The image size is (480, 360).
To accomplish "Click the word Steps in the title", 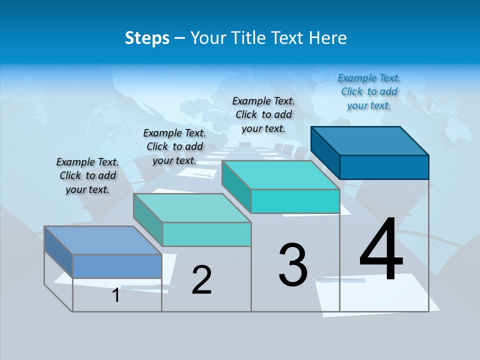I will (x=147, y=38).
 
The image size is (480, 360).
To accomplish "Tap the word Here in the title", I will (x=327, y=38).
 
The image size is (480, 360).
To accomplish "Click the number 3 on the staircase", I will (x=293, y=265).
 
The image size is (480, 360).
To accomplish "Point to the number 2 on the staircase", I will (x=202, y=280).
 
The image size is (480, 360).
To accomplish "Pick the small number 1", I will (x=116, y=295).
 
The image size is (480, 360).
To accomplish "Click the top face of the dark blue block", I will (x=370, y=141).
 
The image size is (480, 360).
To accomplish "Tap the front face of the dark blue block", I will (x=384, y=167).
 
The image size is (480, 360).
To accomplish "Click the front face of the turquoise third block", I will (x=295, y=201).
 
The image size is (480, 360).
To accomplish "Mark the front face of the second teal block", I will (x=206, y=234).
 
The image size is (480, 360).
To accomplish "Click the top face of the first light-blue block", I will (x=103, y=240).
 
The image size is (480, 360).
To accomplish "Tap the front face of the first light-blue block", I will (x=117, y=266).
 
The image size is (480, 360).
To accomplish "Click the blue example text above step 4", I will (x=369, y=91).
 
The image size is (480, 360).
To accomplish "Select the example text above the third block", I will (x=263, y=114).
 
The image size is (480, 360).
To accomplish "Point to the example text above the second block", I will (x=174, y=146).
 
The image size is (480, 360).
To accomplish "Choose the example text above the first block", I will (x=87, y=175).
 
